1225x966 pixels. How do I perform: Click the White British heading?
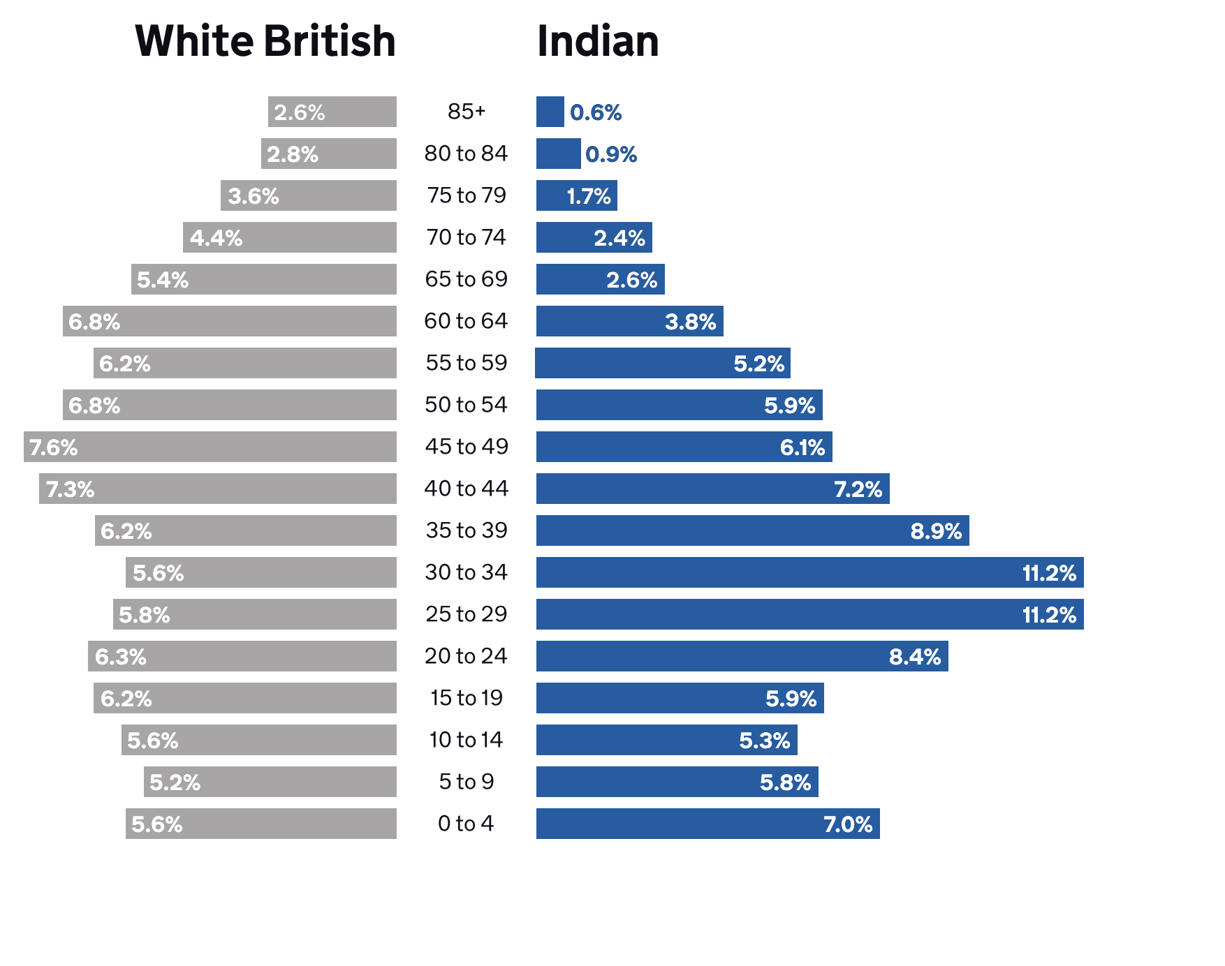pos(265,41)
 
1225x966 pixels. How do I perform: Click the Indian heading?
pos(598,41)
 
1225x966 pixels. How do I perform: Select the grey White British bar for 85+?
pos(332,112)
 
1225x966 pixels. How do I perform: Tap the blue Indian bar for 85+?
pos(550,112)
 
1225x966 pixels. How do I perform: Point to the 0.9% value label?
pos(611,154)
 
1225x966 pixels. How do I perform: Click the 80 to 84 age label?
pos(466,154)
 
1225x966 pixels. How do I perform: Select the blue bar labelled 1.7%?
pos(576,195)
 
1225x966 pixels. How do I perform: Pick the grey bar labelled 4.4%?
pos(290,237)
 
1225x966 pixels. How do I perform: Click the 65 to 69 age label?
pos(466,279)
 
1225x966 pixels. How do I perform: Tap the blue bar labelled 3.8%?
pos(629,321)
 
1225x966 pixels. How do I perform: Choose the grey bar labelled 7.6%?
pos(210,447)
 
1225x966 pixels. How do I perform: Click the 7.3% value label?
pos(70,489)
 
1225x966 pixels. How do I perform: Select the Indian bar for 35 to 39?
pos(752,530)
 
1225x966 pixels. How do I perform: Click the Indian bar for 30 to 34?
pos(809,572)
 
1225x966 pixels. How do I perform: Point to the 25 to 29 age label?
pos(466,614)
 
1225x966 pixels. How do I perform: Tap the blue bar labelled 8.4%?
pos(742,656)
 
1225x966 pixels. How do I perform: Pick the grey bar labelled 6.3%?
pos(242,656)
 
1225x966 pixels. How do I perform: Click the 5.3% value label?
pos(765,741)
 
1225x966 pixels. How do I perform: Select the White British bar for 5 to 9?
pos(270,782)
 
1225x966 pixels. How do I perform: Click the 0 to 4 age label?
pos(466,824)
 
